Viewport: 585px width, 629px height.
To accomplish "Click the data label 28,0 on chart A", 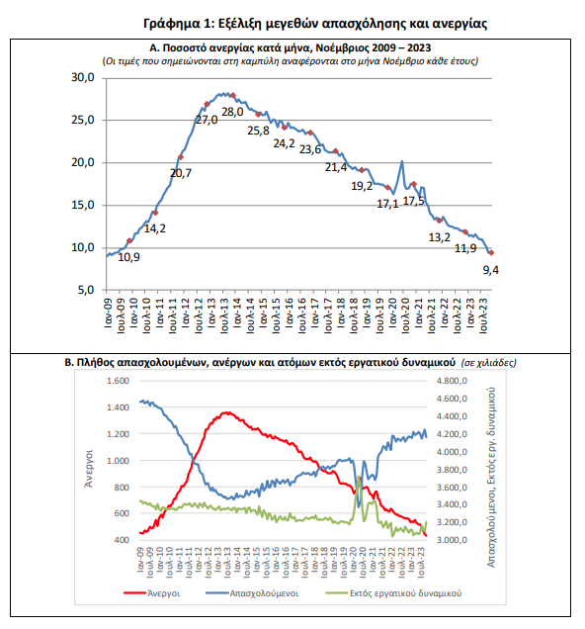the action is [x=232, y=112].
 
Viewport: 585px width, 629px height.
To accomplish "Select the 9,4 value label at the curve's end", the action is [x=490, y=270].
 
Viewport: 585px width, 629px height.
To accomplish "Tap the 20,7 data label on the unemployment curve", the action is [x=181, y=173].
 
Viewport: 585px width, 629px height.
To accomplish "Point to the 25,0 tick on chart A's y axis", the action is [x=83, y=120].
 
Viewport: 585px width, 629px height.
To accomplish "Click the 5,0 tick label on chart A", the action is [x=86, y=290].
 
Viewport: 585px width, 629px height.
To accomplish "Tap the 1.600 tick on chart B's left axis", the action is [x=118, y=381].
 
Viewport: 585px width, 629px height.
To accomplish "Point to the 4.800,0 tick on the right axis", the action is [x=452, y=381].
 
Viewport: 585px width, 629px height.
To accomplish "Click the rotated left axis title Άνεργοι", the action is [x=89, y=469].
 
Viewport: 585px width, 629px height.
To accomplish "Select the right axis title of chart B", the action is [x=491, y=478].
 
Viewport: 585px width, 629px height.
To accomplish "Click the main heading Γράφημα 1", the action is [x=315, y=24].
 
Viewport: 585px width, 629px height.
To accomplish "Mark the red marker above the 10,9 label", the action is [x=129, y=240].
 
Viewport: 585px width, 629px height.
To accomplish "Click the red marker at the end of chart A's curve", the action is [x=491, y=253].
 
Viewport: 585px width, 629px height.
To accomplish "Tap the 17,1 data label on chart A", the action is [x=387, y=204].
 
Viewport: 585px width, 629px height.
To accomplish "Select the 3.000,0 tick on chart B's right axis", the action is [x=452, y=540].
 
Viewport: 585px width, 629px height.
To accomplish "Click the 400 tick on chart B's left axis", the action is [x=122, y=540].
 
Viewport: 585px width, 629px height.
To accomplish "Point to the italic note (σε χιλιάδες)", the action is [x=488, y=363].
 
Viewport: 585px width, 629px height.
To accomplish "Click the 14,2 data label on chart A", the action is [x=155, y=228].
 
